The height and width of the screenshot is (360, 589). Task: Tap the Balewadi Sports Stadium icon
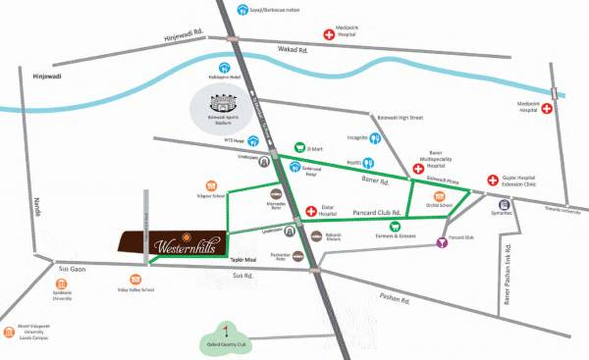227,103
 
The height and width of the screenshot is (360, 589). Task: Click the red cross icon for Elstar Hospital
311,210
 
